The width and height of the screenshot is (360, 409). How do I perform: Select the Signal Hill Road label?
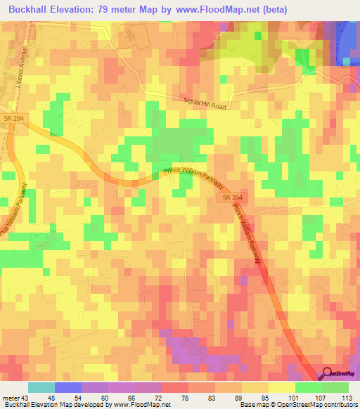tap(205, 104)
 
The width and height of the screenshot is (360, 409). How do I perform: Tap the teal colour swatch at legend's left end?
tap(41, 387)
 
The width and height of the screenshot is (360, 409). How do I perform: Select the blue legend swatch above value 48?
tap(68, 387)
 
